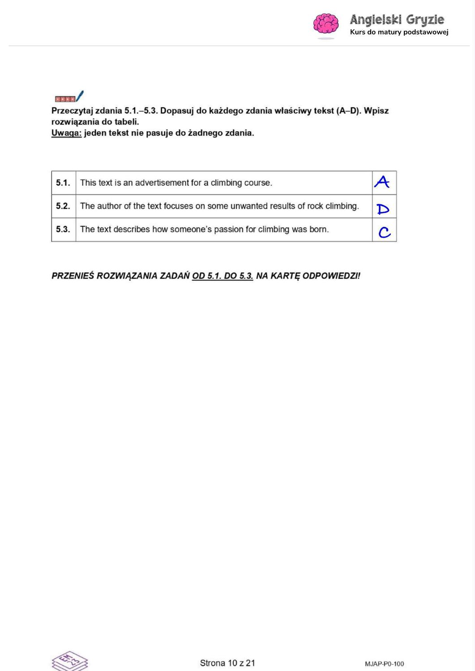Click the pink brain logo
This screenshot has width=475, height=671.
pyautogui.click(x=326, y=24)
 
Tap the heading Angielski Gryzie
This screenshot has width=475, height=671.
pyautogui.click(x=397, y=20)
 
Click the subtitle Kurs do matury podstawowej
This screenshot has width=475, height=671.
pyautogui.click(x=399, y=32)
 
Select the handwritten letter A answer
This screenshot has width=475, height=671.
pyautogui.click(x=382, y=182)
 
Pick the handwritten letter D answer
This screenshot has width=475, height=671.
pyautogui.click(x=383, y=209)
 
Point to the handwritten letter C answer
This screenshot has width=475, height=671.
pyautogui.click(x=384, y=232)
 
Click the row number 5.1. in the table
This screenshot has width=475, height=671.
pyautogui.click(x=63, y=183)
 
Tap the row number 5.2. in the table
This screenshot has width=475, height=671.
pyautogui.click(x=63, y=206)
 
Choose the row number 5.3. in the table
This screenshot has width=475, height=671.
pyautogui.click(x=63, y=229)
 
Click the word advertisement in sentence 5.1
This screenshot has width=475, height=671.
pyautogui.click(x=162, y=183)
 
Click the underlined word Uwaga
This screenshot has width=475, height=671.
pyautogui.click(x=66, y=133)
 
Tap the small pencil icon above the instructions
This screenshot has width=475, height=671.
pyautogui.click(x=69, y=97)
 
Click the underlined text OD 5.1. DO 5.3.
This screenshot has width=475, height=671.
pyautogui.click(x=223, y=276)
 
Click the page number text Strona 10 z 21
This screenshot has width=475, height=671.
pyautogui.click(x=227, y=663)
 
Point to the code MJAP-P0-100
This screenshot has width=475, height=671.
pyautogui.click(x=384, y=664)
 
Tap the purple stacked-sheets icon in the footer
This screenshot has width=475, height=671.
pyautogui.click(x=69, y=661)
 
